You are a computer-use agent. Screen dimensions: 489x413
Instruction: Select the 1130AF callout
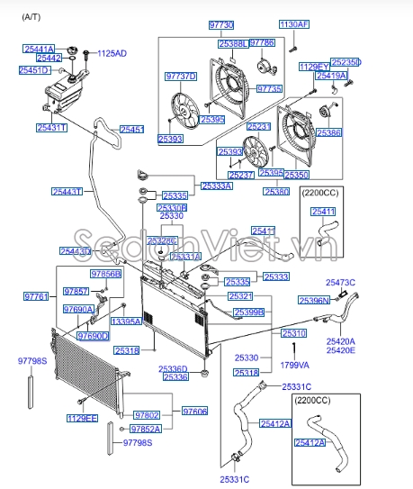click(x=293, y=24)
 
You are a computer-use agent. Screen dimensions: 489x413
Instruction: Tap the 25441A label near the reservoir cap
click(x=39, y=48)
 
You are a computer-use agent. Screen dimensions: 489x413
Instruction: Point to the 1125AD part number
click(x=112, y=54)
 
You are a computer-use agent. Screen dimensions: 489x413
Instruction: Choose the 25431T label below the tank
click(x=52, y=129)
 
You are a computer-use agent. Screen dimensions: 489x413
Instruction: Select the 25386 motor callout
click(x=328, y=132)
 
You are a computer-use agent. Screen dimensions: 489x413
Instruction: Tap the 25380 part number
click(x=276, y=192)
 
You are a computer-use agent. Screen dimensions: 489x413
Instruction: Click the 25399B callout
click(x=248, y=312)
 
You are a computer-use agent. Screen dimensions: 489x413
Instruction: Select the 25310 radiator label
click(x=294, y=333)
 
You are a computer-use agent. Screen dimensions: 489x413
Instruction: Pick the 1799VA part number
click(x=294, y=365)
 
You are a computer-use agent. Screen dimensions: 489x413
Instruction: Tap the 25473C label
click(x=340, y=283)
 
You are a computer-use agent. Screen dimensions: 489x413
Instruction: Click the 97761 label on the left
click(x=36, y=295)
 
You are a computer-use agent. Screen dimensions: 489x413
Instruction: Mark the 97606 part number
click(x=194, y=411)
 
